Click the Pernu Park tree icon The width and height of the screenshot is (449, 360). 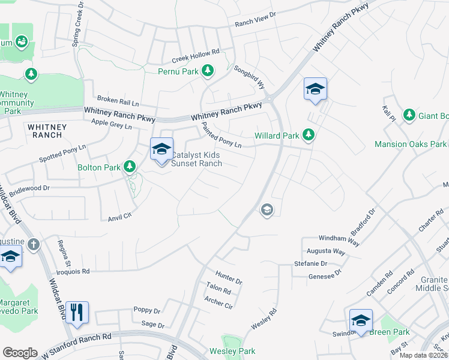point(208,71)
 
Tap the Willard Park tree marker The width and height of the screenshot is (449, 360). point(309,134)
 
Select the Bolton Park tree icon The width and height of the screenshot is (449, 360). point(130,166)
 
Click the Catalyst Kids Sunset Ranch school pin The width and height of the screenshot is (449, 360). point(161,150)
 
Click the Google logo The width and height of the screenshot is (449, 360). point(20,353)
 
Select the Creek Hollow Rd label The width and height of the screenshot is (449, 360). point(196,55)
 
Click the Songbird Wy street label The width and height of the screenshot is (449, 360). point(249,77)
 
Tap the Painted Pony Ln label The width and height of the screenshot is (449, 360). point(221,136)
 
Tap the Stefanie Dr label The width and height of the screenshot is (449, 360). point(310,263)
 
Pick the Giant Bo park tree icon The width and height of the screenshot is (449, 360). point(409,114)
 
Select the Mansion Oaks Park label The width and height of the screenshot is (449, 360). point(411,144)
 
